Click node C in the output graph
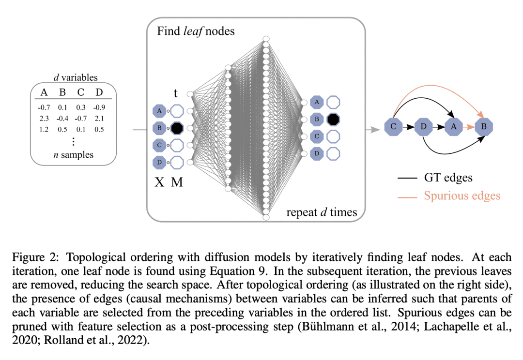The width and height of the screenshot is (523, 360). pos(393,127)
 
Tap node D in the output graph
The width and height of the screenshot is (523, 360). pos(424,127)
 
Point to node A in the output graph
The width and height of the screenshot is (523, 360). pos(453,127)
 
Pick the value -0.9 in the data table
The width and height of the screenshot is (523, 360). pos(98,107)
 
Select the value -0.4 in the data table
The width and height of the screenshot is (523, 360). pos(62,119)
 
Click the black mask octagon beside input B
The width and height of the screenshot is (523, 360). pos(177,128)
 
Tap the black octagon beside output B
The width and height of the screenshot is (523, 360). pos(332,119)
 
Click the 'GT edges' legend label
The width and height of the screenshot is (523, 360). pos(448,178)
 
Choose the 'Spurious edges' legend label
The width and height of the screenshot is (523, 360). pos(462,196)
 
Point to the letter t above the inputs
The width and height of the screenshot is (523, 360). pos(176,92)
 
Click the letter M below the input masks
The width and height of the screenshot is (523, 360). pos(177,182)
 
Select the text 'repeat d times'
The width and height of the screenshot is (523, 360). pos(321,211)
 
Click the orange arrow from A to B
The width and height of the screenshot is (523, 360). pos(468,127)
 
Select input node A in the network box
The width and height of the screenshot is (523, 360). pos(159,111)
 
